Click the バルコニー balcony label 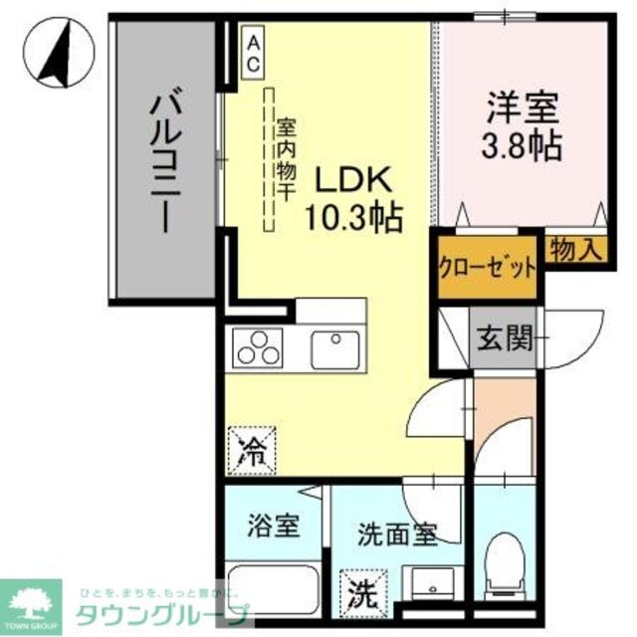[x=165, y=159]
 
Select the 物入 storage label [x=576, y=250]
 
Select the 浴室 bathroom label [x=273, y=525]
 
